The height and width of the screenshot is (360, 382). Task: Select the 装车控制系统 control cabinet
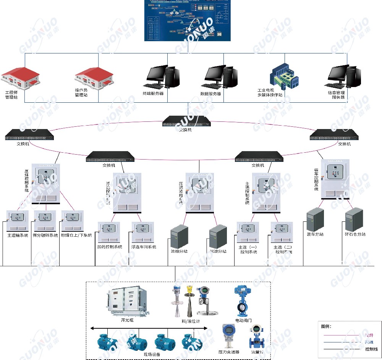[335, 179]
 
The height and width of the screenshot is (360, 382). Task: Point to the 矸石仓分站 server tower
[353, 219]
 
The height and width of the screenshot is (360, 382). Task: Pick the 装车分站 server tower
[315, 220]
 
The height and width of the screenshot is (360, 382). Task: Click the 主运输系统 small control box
[18, 221]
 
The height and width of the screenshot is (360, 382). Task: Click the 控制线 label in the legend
[371, 349]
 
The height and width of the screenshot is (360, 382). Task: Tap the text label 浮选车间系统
[144, 247]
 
